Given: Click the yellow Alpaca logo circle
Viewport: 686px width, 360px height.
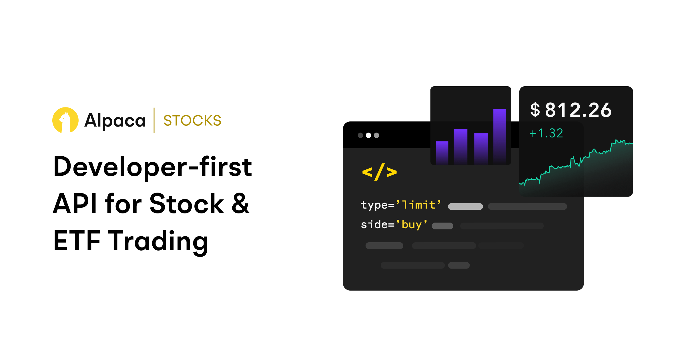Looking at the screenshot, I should (x=65, y=120).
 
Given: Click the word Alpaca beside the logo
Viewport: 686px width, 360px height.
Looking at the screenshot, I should (x=115, y=121).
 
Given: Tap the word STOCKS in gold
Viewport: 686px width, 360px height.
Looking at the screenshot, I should (x=192, y=121).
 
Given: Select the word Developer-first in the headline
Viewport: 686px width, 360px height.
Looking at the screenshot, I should (x=153, y=167).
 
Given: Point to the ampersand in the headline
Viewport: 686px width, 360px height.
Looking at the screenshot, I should (x=240, y=203).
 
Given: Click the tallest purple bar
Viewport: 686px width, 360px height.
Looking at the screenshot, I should (x=499, y=136).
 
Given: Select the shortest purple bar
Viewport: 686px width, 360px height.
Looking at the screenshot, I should (x=442, y=153).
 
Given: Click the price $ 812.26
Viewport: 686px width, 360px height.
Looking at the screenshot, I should (x=571, y=110).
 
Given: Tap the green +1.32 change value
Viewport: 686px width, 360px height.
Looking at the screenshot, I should (x=546, y=133).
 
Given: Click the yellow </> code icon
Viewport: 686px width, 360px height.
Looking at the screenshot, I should (x=379, y=172).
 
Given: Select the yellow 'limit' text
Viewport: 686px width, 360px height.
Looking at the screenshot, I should (x=419, y=205).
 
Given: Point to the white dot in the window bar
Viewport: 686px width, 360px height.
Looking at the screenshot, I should (x=368, y=135).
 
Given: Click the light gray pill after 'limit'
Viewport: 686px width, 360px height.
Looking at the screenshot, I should (x=465, y=206).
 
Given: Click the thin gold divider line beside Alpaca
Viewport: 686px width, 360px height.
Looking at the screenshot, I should (x=154, y=120).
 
